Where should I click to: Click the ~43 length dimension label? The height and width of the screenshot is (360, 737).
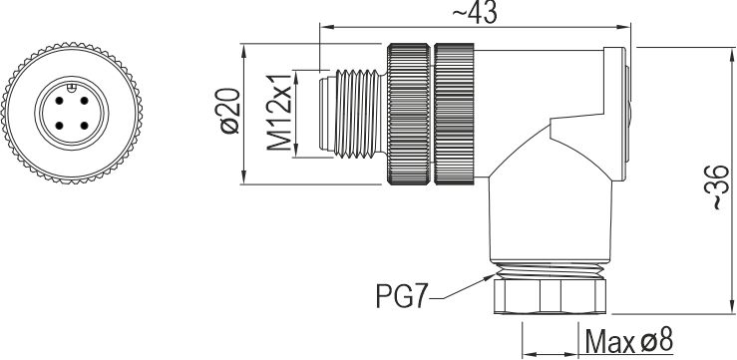click(474, 13)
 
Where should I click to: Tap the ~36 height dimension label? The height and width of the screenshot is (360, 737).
click(717, 187)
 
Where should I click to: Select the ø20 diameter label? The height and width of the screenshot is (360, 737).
click(230, 111)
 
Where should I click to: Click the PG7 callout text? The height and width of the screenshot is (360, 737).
click(402, 295)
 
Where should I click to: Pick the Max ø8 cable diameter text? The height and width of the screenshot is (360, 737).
click(629, 341)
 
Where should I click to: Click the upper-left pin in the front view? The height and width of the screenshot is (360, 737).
click(59, 101)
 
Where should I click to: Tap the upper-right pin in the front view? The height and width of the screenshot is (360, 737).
click(84, 101)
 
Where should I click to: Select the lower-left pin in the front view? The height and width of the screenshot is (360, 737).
click(59, 126)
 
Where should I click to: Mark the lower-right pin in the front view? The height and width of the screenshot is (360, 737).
click(84, 126)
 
